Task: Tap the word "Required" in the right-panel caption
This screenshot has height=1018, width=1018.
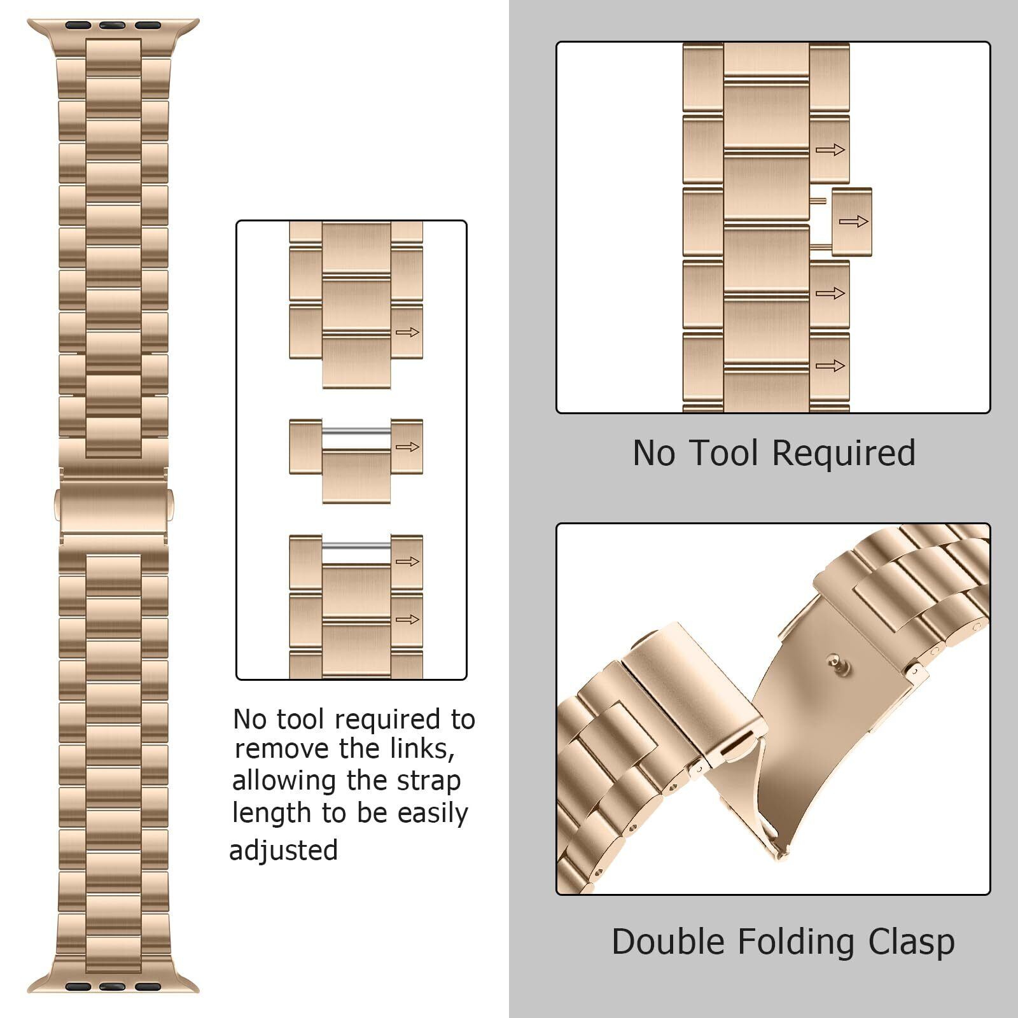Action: point(844,454)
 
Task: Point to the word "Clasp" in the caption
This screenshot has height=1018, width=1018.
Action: point(912,942)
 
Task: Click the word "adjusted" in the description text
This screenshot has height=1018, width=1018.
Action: point(283,851)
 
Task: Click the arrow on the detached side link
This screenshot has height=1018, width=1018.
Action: point(853,221)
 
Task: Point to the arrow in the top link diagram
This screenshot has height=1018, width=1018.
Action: point(407,332)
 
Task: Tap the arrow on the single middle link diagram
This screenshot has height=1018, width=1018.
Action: point(407,447)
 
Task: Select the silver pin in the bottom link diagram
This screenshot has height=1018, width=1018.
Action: point(356,547)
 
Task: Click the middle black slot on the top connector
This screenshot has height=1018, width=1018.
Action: point(112,26)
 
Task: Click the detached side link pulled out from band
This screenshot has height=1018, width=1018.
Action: point(851,222)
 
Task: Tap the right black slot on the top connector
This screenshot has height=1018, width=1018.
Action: point(148,26)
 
